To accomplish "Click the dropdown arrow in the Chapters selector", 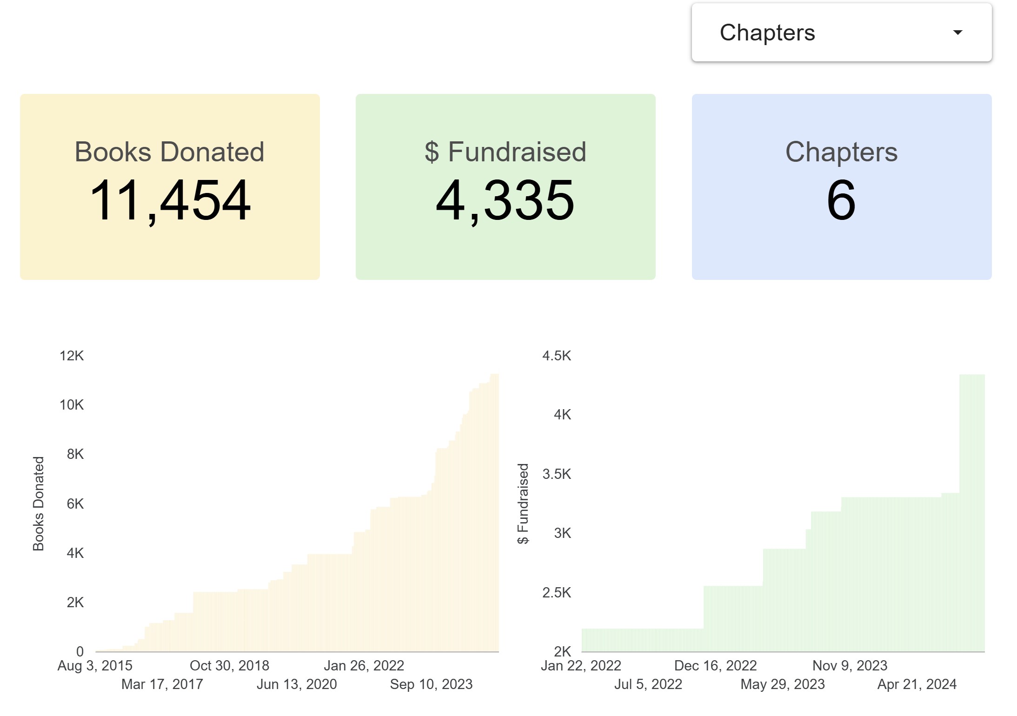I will [x=957, y=33].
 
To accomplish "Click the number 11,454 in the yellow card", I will [x=170, y=200].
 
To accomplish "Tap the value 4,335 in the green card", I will [x=505, y=200].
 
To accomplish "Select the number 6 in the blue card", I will [x=841, y=200].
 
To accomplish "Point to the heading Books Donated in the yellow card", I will [x=169, y=152].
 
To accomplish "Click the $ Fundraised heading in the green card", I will [x=505, y=152].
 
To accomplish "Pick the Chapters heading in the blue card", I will [x=841, y=152].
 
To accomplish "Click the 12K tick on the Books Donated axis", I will [x=72, y=356].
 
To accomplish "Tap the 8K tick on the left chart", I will [x=75, y=454].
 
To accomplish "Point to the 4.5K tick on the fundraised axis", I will [x=557, y=356].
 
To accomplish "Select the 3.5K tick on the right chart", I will [x=557, y=474].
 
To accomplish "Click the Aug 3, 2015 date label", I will [x=95, y=666].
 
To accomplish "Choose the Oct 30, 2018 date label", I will [x=229, y=666].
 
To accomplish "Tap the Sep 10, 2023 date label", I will [x=431, y=684].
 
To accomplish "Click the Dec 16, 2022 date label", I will [x=715, y=666].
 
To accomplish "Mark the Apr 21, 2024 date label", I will [x=917, y=684].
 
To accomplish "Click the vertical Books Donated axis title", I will [x=38, y=504].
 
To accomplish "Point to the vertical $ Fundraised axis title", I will [x=523, y=504].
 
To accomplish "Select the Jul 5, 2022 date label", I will [x=648, y=684].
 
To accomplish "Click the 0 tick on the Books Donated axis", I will [x=80, y=651].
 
